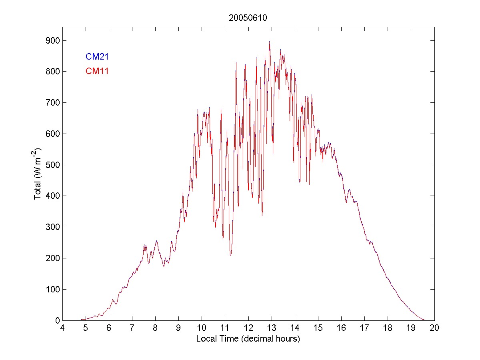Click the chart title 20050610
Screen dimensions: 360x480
[x=248, y=18]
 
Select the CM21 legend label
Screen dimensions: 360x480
[x=97, y=57]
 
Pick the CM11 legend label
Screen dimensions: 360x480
[x=97, y=71]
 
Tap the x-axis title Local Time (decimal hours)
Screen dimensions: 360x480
[x=248, y=339]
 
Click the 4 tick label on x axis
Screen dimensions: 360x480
[x=62, y=328]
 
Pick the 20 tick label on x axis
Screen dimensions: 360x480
[x=434, y=328]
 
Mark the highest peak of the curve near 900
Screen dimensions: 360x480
[x=269, y=41]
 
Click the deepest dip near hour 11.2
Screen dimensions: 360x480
[x=230, y=255]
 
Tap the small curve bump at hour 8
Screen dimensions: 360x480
[x=156, y=241]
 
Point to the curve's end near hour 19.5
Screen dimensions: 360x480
[x=424, y=320]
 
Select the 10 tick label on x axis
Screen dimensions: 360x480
[x=202, y=328]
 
